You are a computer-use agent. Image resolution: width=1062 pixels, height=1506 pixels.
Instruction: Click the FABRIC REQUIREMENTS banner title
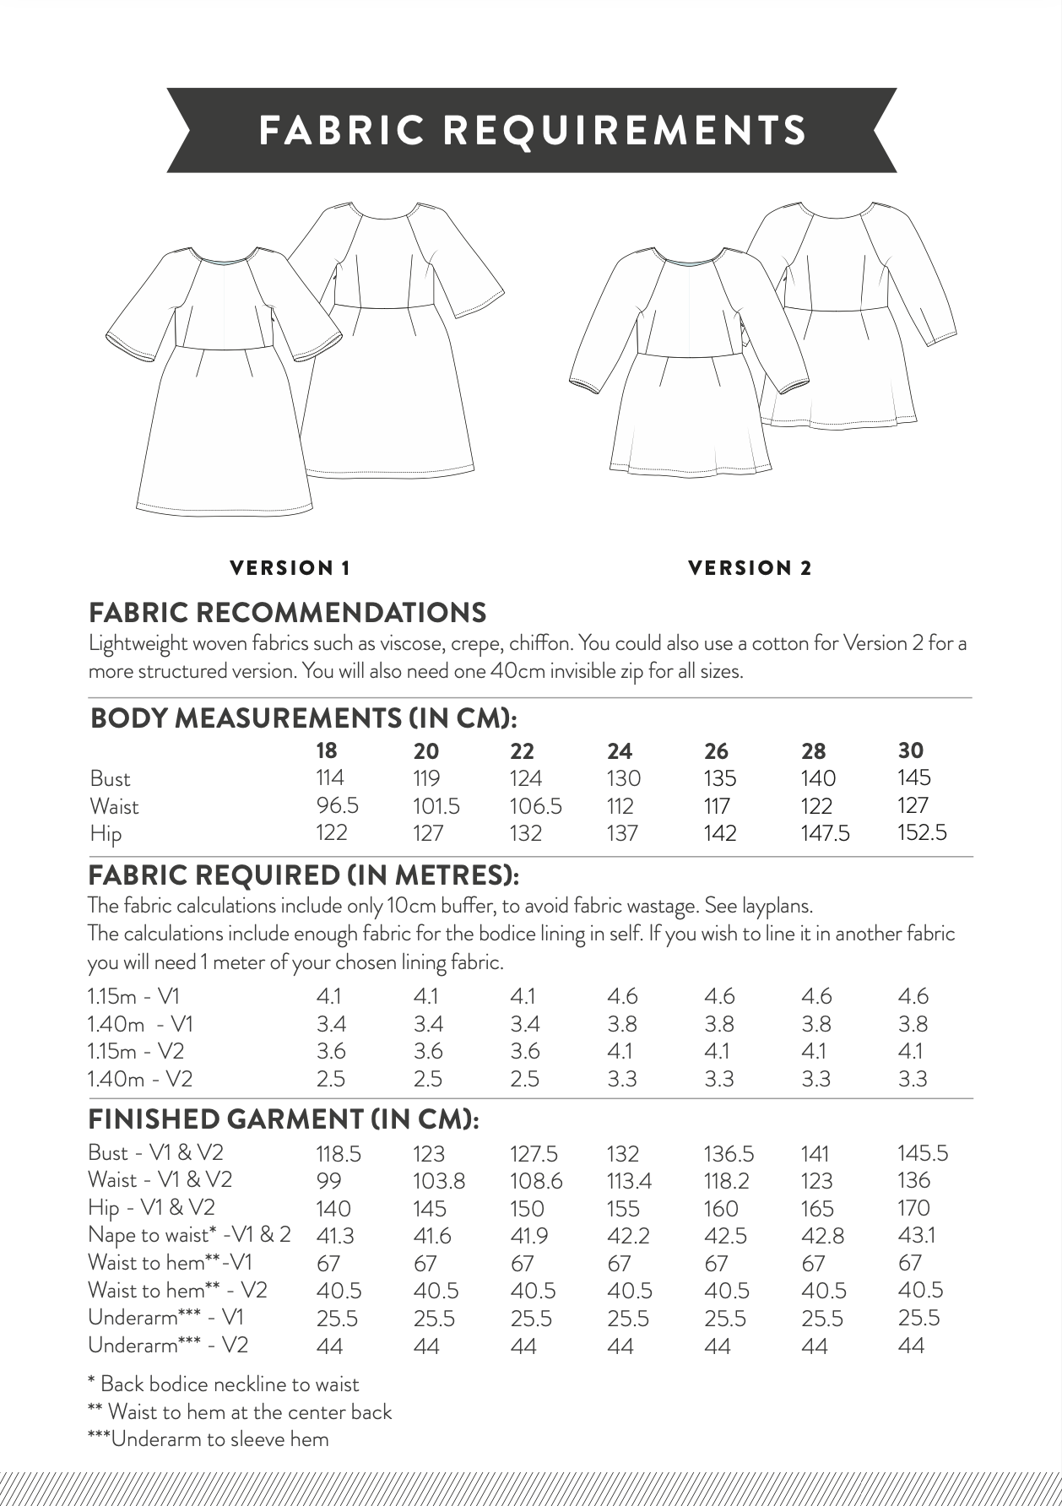[x=532, y=131]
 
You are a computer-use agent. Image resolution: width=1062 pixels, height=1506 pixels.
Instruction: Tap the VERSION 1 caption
[x=290, y=568]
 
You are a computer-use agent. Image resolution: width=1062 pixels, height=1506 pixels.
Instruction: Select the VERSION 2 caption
[x=750, y=568]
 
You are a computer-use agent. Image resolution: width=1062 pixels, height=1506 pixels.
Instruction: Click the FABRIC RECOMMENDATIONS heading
[x=287, y=612]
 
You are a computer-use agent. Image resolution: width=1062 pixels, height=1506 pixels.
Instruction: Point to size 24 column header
[x=620, y=750]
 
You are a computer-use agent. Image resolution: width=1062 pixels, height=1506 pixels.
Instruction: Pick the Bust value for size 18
[x=330, y=777]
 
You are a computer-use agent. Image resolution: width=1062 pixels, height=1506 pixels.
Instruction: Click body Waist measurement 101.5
[x=436, y=805]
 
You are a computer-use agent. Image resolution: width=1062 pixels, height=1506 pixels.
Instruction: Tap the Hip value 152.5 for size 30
[x=922, y=832]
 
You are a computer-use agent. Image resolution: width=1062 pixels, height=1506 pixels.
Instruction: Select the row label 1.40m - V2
[x=140, y=1078]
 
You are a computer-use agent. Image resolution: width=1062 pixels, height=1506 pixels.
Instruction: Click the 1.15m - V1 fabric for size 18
[x=328, y=996]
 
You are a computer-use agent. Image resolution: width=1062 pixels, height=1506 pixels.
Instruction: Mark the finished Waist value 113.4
[x=629, y=1180]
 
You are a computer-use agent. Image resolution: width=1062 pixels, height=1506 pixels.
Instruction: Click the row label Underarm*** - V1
[x=168, y=1317]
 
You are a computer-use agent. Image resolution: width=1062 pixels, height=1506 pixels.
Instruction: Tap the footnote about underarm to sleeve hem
[x=208, y=1439]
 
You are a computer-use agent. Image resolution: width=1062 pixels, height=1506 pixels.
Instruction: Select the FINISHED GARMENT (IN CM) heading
[x=284, y=1119]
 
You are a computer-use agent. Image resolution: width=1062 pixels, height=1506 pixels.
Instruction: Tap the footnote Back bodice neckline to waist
[x=223, y=1384]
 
